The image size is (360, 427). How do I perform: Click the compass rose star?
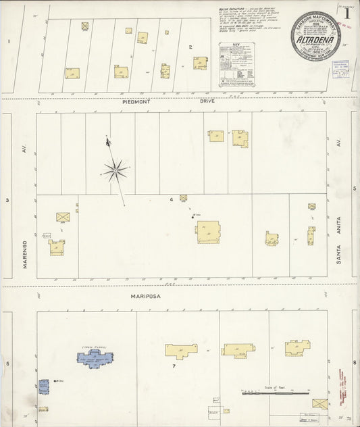[x=115, y=171]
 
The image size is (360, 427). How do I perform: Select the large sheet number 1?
[x=346, y=13]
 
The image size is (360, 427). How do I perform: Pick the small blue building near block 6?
[x=44, y=387]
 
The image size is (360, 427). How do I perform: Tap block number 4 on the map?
[x=172, y=199]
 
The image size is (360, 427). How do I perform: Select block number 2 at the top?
[x=190, y=47]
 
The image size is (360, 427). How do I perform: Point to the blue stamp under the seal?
[x=340, y=68]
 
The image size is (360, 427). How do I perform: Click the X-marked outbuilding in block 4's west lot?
[x=62, y=217]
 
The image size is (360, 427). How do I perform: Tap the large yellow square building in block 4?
[x=208, y=232]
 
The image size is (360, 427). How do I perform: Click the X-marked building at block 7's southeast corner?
[x=319, y=403]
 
